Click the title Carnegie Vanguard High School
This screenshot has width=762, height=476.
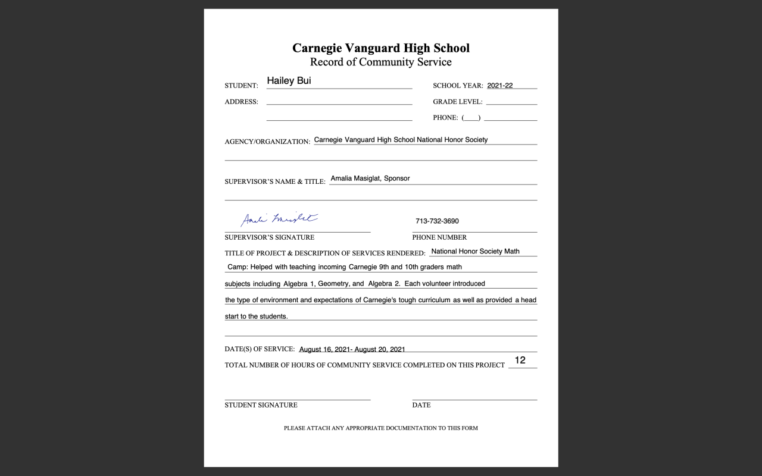pyautogui.click(x=380, y=48)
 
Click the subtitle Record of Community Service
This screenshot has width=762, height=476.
pyautogui.click(x=380, y=62)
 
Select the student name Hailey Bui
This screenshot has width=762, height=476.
pyautogui.click(x=289, y=81)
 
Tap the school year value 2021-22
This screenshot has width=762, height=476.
pyautogui.click(x=499, y=85)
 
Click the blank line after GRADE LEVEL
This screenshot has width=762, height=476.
pyautogui.click(x=511, y=101)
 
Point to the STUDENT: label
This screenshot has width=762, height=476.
pyautogui.click(x=241, y=86)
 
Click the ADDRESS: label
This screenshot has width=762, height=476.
pyautogui.click(x=241, y=102)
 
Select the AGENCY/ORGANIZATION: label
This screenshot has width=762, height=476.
pyautogui.click(x=267, y=142)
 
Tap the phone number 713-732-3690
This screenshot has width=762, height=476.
pyautogui.click(x=437, y=221)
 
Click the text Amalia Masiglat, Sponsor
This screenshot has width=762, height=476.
pyautogui.click(x=370, y=178)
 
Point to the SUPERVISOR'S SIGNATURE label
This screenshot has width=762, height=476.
pyautogui.click(x=269, y=237)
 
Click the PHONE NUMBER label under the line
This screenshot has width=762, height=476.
pyautogui.click(x=439, y=237)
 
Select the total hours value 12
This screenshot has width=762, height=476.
pyautogui.click(x=520, y=360)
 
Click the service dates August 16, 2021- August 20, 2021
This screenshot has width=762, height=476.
pyautogui.click(x=352, y=349)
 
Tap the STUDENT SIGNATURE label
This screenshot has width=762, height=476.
pyautogui.click(x=261, y=405)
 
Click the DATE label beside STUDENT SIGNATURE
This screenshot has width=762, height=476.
pyautogui.click(x=421, y=405)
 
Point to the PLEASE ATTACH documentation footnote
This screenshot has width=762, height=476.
pyautogui.click(x=380, y=428)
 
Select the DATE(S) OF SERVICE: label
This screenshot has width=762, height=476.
pyautogui.click(x=260, y=349)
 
